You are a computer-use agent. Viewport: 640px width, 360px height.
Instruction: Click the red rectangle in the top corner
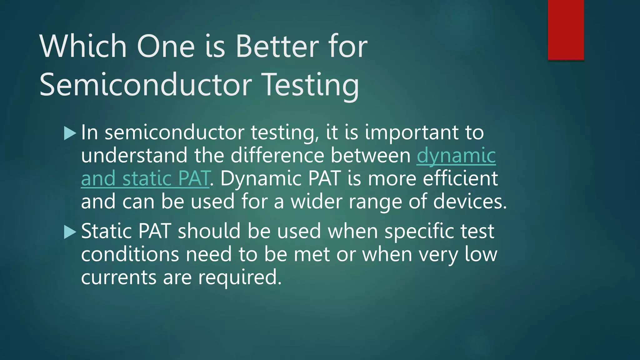coord(566,30)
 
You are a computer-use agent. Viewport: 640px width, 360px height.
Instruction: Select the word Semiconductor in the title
coord(146,84)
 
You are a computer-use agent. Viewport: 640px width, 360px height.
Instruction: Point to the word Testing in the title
coord(311,84)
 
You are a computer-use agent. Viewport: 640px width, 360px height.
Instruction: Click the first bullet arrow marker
coord(70,133)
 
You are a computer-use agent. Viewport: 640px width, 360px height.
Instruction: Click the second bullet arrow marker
coord(70,232)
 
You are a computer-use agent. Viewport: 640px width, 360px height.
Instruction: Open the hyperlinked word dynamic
coord(456,155)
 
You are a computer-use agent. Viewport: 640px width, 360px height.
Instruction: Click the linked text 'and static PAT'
coord(145,178)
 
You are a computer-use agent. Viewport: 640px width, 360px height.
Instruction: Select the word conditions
coord(130,254)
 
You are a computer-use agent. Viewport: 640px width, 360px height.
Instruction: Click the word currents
coord(119,277)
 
